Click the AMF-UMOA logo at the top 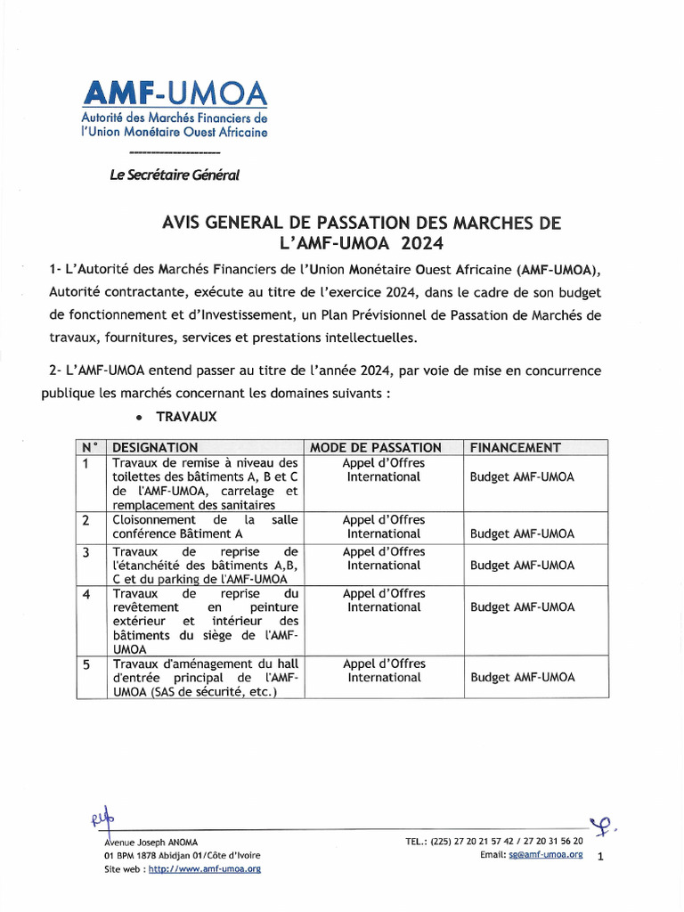click(174, 110)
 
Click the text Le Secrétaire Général click(175, 175)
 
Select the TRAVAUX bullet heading click(186, 417)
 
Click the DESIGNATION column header click(155, 447)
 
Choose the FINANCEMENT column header click(515, 447)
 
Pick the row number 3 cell click(86, 552)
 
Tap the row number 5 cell click(86, 664)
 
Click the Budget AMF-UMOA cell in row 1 click(522, 476)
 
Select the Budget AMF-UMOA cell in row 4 click(522, 607)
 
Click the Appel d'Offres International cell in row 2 click(384, 526)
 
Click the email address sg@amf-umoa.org click(545, 854)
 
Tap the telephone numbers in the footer click(494, 841)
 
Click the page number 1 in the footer click(599, 857)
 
